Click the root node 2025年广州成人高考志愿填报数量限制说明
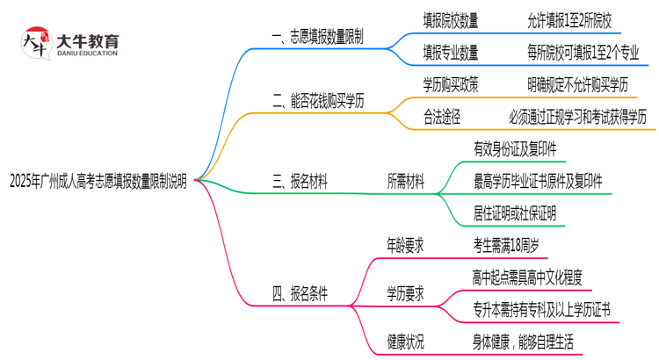(98, 182)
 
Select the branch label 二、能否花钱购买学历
(319, 104)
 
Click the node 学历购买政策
(451, 83)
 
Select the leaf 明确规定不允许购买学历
(578, 83)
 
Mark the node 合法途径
(444, 116)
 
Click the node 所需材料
(406, 182)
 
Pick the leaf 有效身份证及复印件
(515, 149)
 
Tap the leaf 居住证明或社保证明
(515, 213)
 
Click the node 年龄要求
(406, 246)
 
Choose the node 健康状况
(406, 340)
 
